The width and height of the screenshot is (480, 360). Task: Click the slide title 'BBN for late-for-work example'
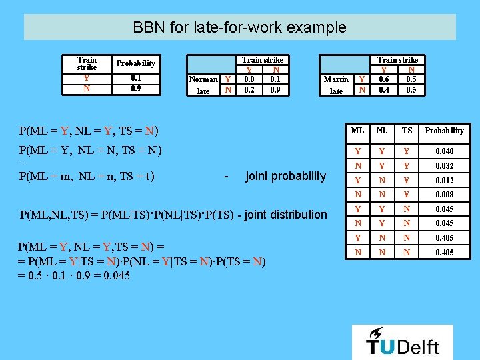tap(239, 27)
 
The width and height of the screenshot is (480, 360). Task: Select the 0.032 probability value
tap(444, 166)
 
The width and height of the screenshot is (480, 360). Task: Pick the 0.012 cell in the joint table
tap(444, 181)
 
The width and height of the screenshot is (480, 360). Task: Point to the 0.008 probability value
tap(444, 195)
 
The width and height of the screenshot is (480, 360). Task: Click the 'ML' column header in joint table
tap(359, 131)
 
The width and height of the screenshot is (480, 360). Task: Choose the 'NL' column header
tap(383, 131)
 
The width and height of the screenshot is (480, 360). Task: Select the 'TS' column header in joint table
tap(406, 131)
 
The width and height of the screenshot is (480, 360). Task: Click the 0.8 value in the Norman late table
tap(249, 79)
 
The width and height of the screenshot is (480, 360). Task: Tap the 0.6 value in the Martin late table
tap(384, 79)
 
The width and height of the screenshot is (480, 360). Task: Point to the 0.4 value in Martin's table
tap(384, 89)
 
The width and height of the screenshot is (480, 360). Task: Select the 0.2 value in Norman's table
tap(249, 89)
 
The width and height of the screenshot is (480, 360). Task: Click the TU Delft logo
tap(403, 341)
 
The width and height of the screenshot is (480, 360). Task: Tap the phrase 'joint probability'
tap(286, 176)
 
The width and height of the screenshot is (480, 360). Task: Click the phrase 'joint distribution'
tap(287, 214)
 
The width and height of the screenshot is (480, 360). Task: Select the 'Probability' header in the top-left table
tap(135, 63)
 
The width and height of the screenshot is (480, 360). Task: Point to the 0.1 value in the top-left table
tap(135, 77)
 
